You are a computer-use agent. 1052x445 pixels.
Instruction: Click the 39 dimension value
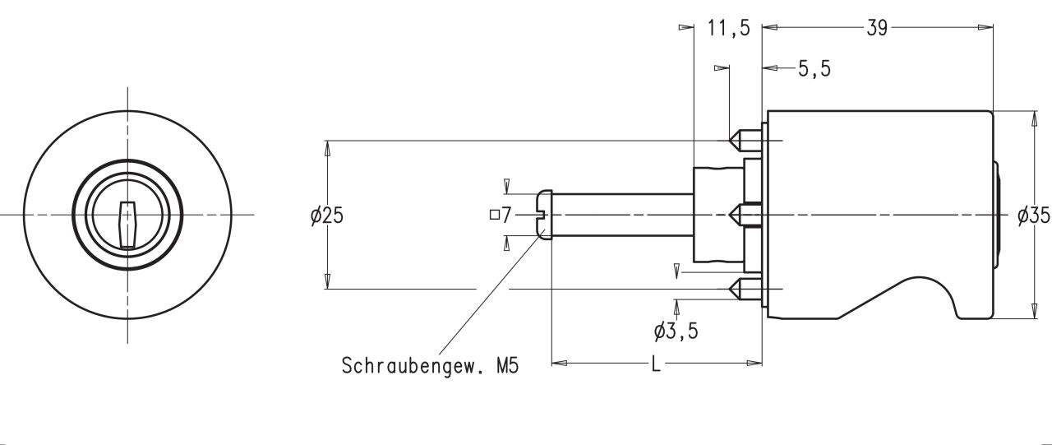click(876, 28)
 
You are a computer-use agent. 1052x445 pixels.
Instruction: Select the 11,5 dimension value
click(728, 28)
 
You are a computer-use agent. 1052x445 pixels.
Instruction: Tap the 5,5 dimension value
click(814, 69)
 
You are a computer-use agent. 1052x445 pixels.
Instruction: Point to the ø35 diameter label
click(1033, 216)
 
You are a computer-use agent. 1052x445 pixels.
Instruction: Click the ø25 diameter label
click(327, 216)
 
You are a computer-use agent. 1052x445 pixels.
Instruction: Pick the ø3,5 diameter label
click(677, 331)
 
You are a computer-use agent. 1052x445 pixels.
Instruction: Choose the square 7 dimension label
click(501, 216)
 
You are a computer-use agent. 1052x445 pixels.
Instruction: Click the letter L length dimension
click(656, 364)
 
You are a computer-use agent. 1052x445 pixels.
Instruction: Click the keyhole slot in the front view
click(126, 223)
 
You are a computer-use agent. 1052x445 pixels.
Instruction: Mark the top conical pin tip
click(736, 141)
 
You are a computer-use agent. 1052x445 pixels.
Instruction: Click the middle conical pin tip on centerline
click(736, 216)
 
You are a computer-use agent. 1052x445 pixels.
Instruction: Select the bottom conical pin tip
click(736, 289)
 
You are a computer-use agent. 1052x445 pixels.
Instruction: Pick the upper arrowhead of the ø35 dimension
click(1032, 118)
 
